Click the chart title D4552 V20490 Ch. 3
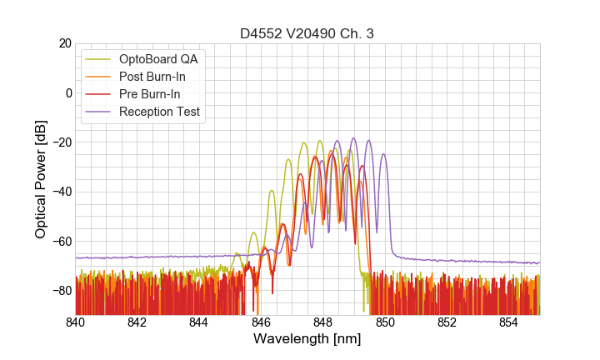307,33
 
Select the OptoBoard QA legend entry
158,59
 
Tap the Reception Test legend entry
159,112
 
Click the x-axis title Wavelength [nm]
307,339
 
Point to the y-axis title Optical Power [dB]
41,179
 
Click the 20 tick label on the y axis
64,43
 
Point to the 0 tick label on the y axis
67,92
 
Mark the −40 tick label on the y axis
60,192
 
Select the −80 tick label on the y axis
60,291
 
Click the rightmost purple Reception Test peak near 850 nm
383,154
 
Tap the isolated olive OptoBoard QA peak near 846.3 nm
272,191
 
